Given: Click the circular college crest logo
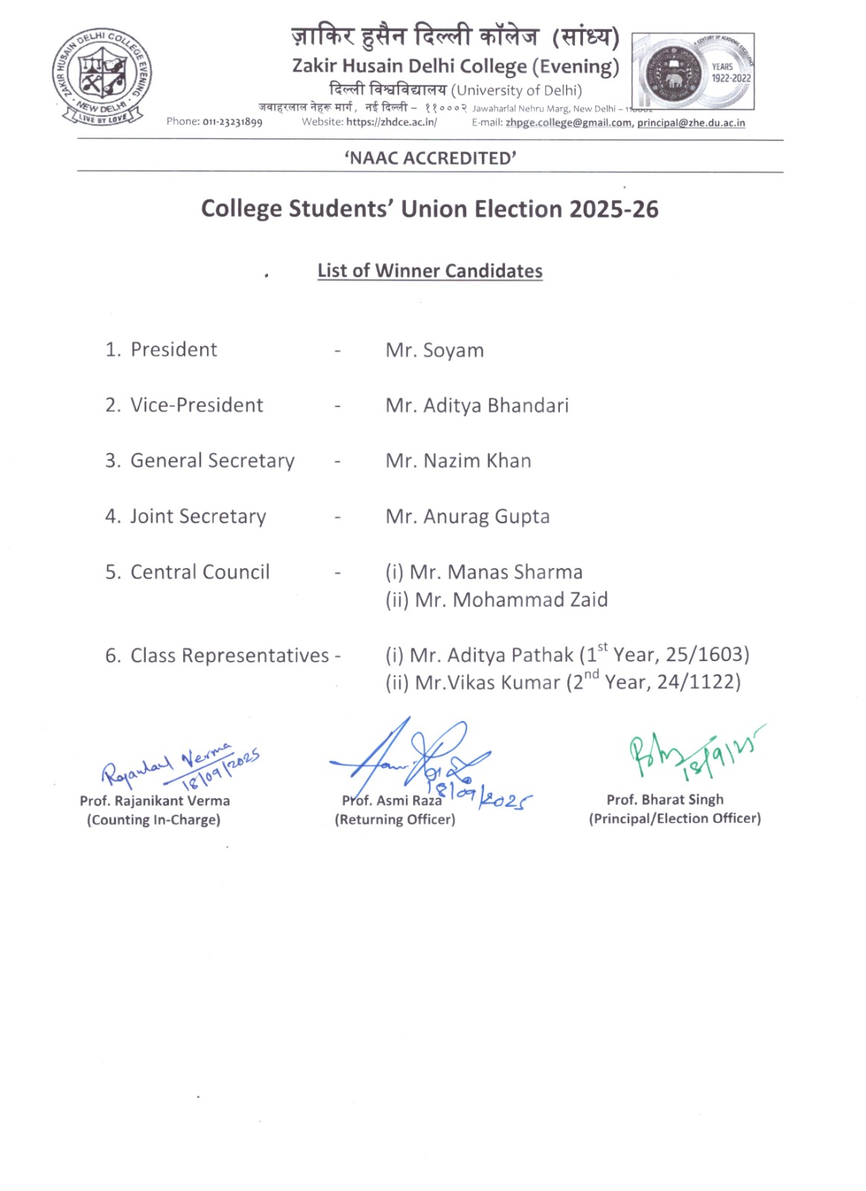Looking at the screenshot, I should pyautogui.click(x=102, y=77).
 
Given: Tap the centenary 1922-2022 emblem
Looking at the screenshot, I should pyautogui.click(x=693, y=71).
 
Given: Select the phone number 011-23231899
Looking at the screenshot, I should pyautogui.click(x=232, y=122).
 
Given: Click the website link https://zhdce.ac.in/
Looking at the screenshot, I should pyautogui.click(x=392, y=122).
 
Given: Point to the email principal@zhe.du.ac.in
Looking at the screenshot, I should pyautogui.click(x=691, y=123).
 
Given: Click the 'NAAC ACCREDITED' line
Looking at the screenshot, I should pyautogui.click(x=430, y=158).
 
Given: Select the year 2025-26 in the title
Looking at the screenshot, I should pyautogui.click(x=614, y=209).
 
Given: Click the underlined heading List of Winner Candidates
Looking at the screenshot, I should pyautogui.click(x=430, y=271).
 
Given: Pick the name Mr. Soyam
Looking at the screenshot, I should pyautogui.click(x=435, y=350).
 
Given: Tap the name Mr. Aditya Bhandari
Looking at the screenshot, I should pyautogui.click(x=477, y=406).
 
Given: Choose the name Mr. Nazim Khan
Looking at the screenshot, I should pyautogui.click(x=458, y=461).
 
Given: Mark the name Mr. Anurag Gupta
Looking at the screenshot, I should pyautogui.click(x=468, y=517).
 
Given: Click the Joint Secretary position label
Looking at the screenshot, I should pyautogui.click(x=197, y=517).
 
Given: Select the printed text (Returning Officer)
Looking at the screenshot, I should pyautogui.click(x=395, y=820).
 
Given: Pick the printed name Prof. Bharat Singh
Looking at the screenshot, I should pyautogui.click(x=665, y=799).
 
